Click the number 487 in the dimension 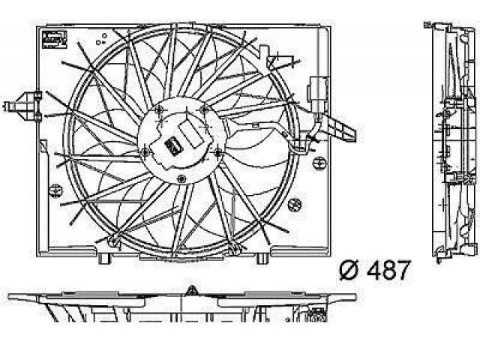[388, 270]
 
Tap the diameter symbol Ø [349, 271]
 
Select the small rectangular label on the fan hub [173, 146]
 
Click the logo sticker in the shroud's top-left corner [55, 38]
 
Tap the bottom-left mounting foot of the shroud [105, 258]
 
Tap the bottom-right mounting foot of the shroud [262, 258]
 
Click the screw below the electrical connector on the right [319, 163]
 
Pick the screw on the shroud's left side [55, 190]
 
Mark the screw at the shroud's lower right [295, 204]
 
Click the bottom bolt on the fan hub [181, 178]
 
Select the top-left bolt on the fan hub [159, 111]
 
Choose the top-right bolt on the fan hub [204, 109]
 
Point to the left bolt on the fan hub [145, 151]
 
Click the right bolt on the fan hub [218, 151]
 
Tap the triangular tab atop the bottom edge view [192, 290]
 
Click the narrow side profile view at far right [452, 142]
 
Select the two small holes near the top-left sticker [101, 39]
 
